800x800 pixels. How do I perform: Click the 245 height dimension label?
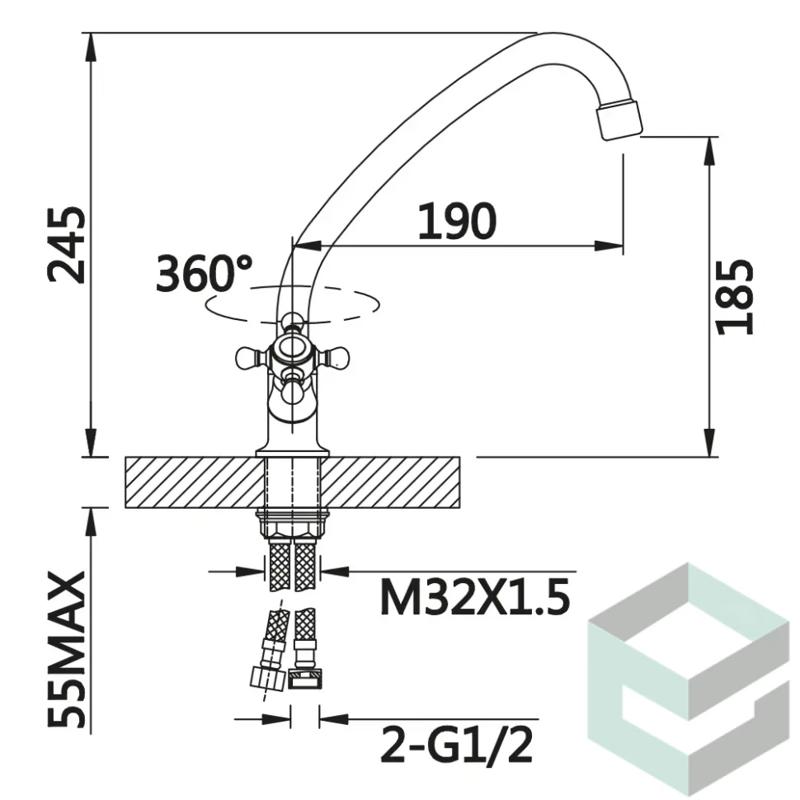pos(66,245)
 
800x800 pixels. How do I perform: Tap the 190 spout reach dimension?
pos(457,221)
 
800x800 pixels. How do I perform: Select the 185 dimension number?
pos(735,297)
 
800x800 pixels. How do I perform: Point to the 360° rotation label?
pos(204,274)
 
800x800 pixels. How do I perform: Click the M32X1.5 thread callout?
pos(474,598)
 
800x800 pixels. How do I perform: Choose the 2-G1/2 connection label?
pos(457,745)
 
